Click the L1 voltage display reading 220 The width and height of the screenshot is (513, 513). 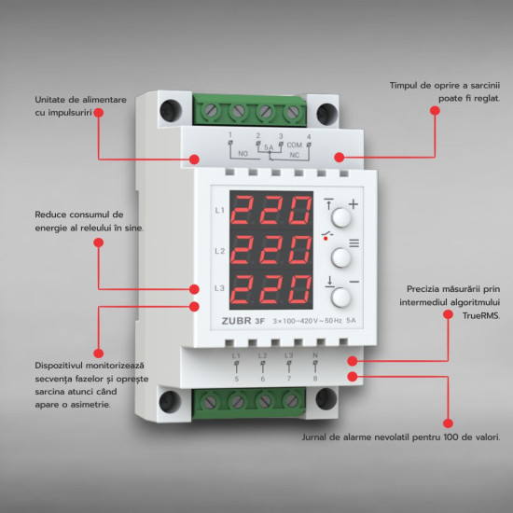[x=271, y=210]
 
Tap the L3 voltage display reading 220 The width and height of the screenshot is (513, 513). [x=271, y=289]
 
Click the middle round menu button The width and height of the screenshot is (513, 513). [x=340, y=257]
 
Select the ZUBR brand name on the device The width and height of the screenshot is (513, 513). [x=236, y=321]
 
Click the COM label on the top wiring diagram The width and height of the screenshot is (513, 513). [x=295, y=145]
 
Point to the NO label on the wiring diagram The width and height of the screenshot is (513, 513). [x=243, y=154]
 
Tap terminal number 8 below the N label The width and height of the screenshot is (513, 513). [x=315, y=379]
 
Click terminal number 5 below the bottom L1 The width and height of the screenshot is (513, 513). [x=237, y=379]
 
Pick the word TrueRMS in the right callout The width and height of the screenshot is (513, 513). [x=481, y=315]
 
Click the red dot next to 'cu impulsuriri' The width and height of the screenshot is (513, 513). [x=99, y=113]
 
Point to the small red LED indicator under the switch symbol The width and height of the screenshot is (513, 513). [x=326, y=239]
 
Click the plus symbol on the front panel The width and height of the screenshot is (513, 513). [x=354, y=204]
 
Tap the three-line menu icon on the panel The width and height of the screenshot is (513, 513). [x=354, y=243]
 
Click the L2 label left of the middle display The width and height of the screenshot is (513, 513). [x=220, y=251]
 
